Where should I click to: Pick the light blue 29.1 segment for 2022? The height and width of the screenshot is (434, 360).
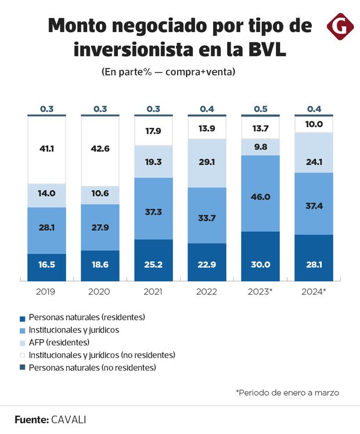[x=207, y=163]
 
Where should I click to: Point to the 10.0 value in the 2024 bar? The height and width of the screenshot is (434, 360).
[x=314, y=124]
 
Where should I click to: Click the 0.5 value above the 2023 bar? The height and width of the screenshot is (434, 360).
[x=260, y=109]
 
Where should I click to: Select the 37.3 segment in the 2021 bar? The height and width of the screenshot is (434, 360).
[x=153, y=208]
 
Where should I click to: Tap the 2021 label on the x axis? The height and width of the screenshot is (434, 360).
[x=153, y=292]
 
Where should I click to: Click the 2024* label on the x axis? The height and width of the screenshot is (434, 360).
[x=314, y=292]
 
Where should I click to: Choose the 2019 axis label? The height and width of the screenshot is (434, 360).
[x=46, y=292]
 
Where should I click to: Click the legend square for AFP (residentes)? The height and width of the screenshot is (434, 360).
[x=22, y=343]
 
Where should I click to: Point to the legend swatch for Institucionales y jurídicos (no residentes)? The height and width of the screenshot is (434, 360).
[x=22, y=355]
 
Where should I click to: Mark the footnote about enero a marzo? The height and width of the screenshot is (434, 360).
[x=287, y=393]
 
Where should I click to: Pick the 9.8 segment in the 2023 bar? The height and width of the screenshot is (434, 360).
[x=260, y=147]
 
